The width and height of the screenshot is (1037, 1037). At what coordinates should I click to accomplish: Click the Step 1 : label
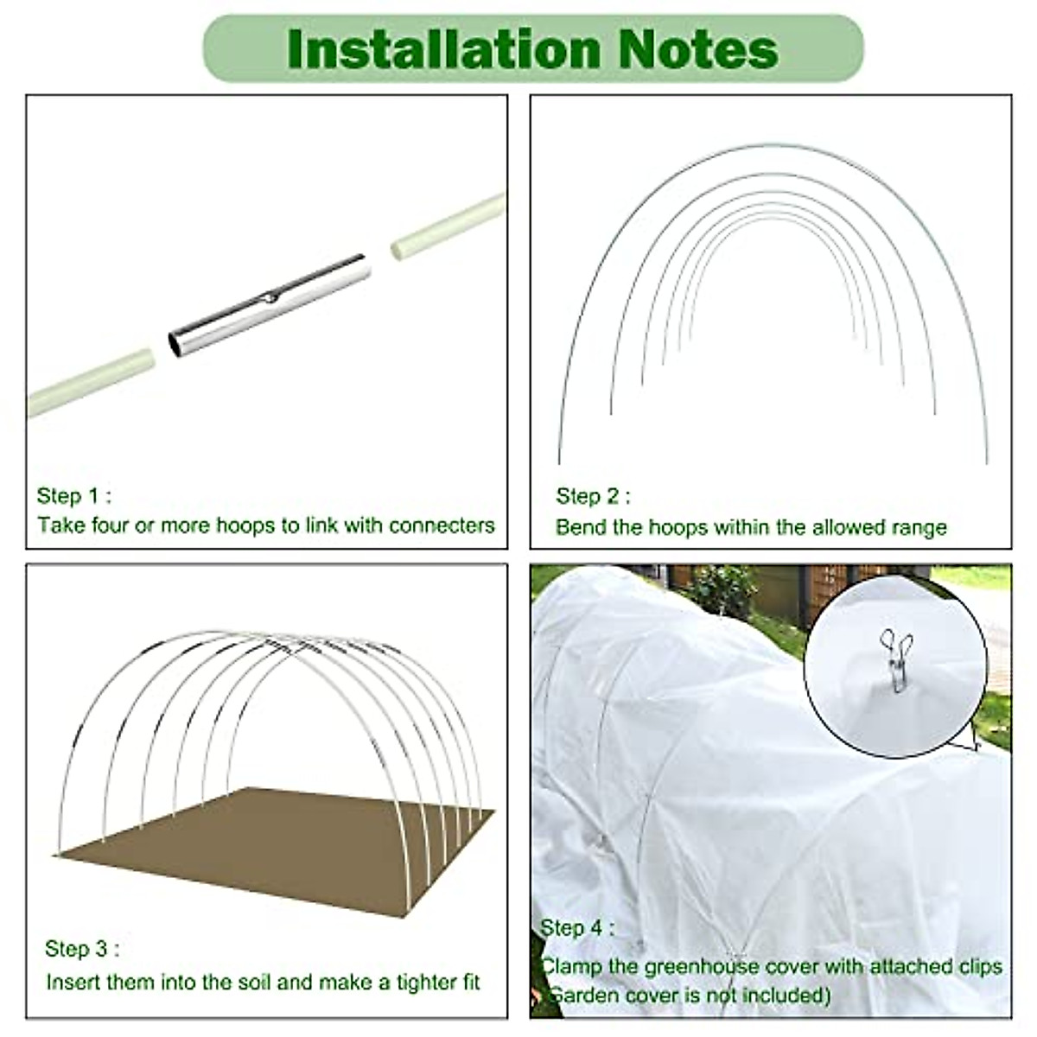[73, 496]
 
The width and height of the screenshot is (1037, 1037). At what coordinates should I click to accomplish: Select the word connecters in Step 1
[442, 525]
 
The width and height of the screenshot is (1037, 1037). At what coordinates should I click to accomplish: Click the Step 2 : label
[593, 496]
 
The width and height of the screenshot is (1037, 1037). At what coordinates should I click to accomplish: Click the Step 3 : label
[82, 949]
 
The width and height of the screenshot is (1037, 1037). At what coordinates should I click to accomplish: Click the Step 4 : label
[577, 928]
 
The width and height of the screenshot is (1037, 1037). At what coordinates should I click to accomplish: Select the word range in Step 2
[920, 527]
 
